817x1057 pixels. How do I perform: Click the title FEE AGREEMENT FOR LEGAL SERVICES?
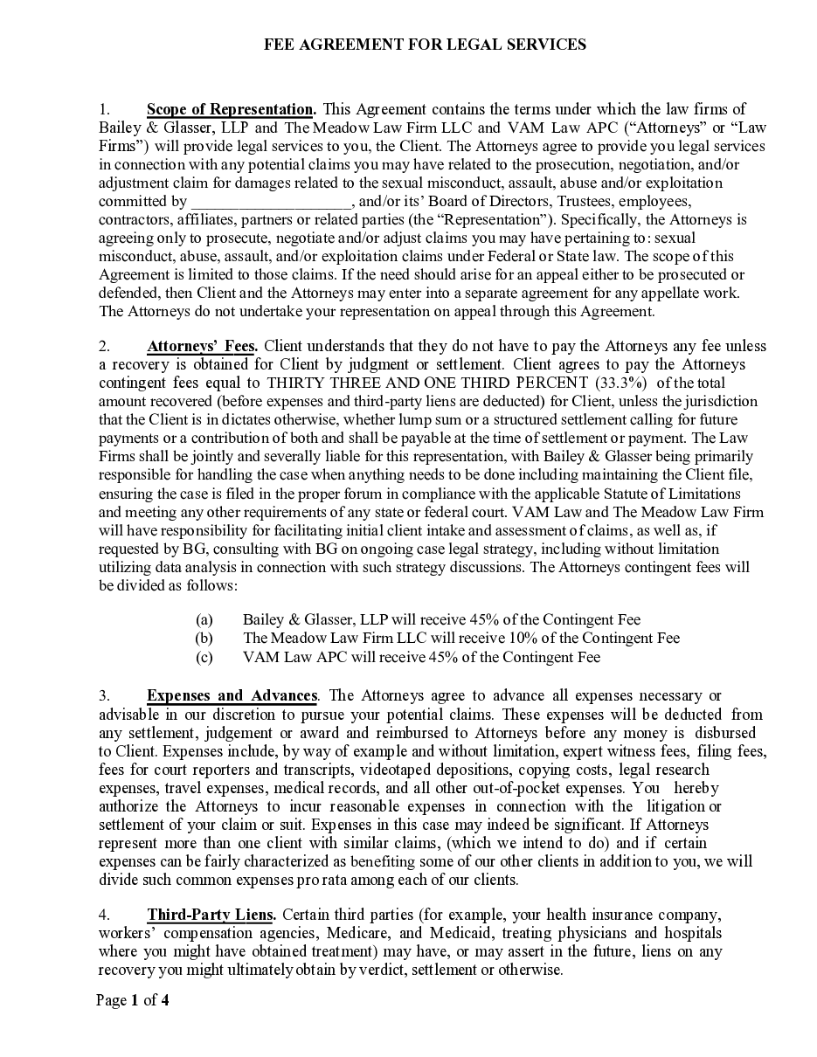pyautogui.click(x=425, y=45)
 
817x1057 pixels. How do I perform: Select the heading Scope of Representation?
pyautogui.click(x=231, y=109)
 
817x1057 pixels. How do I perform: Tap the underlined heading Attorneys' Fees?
pyautogui.click(x=202, y=346)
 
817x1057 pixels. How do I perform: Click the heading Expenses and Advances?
pyautogui.click(x=232, y=695)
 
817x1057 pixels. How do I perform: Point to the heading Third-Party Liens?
pyautogui.click(x=211, y=915)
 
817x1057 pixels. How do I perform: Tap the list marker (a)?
pyautogui.click(x=204, y=619)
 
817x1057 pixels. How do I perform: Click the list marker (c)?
pyautogui.click(x=204, y=657)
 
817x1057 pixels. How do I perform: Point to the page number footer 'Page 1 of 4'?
pyautogui.click(x=133, y=1000)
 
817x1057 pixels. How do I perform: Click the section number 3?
pyautogui.click(x=104, y=695)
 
